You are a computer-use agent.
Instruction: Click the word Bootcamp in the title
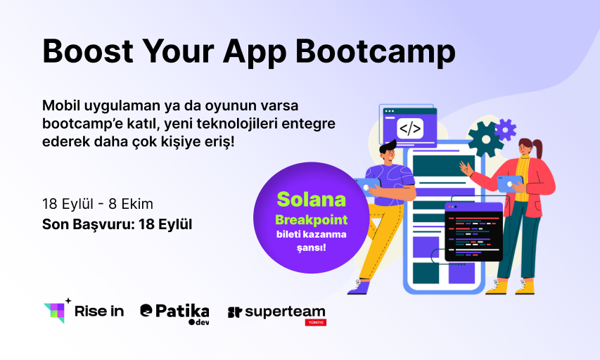pyautogui.click(x=376, y=52)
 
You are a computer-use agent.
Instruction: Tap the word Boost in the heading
pyautogui.click(x=88, y=51)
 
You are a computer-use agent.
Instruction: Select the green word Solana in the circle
pyautogui.click(x=311, y=199)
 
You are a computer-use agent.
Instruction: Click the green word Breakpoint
pyautogui.click(x=311, y=220)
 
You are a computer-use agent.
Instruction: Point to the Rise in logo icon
pyautogui.click(x=58, y=311)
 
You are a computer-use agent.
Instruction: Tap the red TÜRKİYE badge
pyautogui.click(x=316, y=323)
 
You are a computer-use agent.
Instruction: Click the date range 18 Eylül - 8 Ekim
pyautogui.click(x=98, y=204)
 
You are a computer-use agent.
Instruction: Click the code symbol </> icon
pyautogui.click(x=410, y=129)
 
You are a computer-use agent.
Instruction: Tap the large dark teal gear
pyautogui.click(x=485, y=139)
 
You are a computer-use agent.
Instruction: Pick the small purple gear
pyautogui.click(x=505, y=129)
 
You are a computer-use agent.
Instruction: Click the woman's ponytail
pyautogui.click(x=537, y=148)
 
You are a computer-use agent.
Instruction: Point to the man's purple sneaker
pyautogui.click(x=359, y=288)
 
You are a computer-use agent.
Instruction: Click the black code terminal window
pyautogui.click(x=473, y=232)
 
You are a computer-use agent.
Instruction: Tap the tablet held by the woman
pyautogui.click(x=510, y=184)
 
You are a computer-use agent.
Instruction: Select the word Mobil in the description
pyautogui.click(x=61, y=105)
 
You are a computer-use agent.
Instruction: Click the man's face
pyautogui.click(x=387, y=154)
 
